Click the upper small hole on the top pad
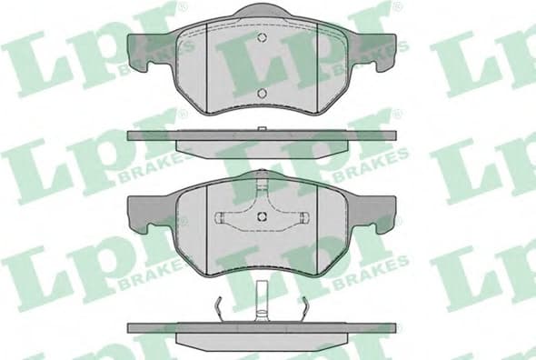tap(262, 37)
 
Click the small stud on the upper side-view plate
tap(262, 130)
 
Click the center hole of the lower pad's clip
tap(262, 215)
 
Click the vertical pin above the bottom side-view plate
tap(262, 300)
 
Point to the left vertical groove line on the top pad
tap(208, 68)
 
